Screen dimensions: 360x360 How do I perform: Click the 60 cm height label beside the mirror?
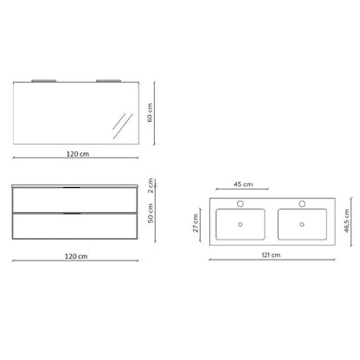[150, 112]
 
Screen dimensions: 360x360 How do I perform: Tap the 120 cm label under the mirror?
[78, 154]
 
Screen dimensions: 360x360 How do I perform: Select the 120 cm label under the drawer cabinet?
[76, 256]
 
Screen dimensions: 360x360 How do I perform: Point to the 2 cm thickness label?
[151, 185]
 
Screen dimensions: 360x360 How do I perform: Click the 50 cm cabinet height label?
[151, 213]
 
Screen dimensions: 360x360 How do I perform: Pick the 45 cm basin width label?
[243, 184]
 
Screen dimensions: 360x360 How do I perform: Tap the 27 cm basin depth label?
[196, 223]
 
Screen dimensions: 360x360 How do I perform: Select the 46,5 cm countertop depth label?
[347, 221]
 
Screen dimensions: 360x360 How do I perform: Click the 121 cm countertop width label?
[271, 255]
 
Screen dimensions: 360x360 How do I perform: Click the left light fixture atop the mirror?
[44, 80]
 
